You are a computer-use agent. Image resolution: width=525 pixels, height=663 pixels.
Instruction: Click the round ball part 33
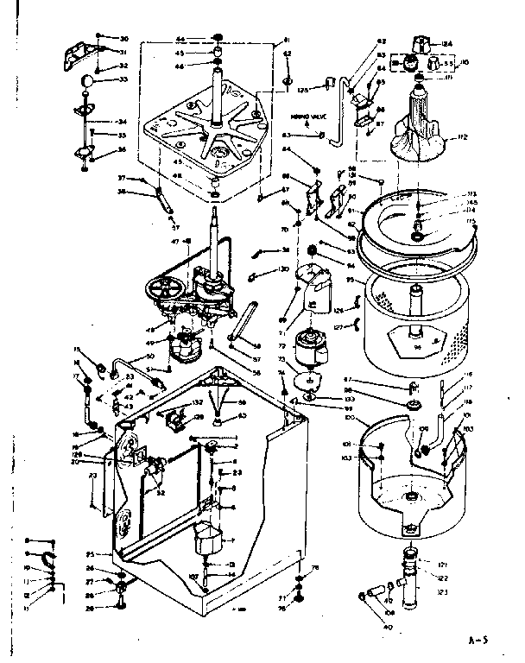pos(88,81)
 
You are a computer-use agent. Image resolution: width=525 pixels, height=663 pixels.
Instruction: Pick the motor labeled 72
pos(309,347)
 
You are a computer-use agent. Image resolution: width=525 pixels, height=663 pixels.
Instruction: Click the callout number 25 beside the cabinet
pos(90,553)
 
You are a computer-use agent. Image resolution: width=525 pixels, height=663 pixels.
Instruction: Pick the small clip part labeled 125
pos(329,84)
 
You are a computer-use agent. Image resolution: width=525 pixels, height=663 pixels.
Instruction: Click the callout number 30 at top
pos(123,39)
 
